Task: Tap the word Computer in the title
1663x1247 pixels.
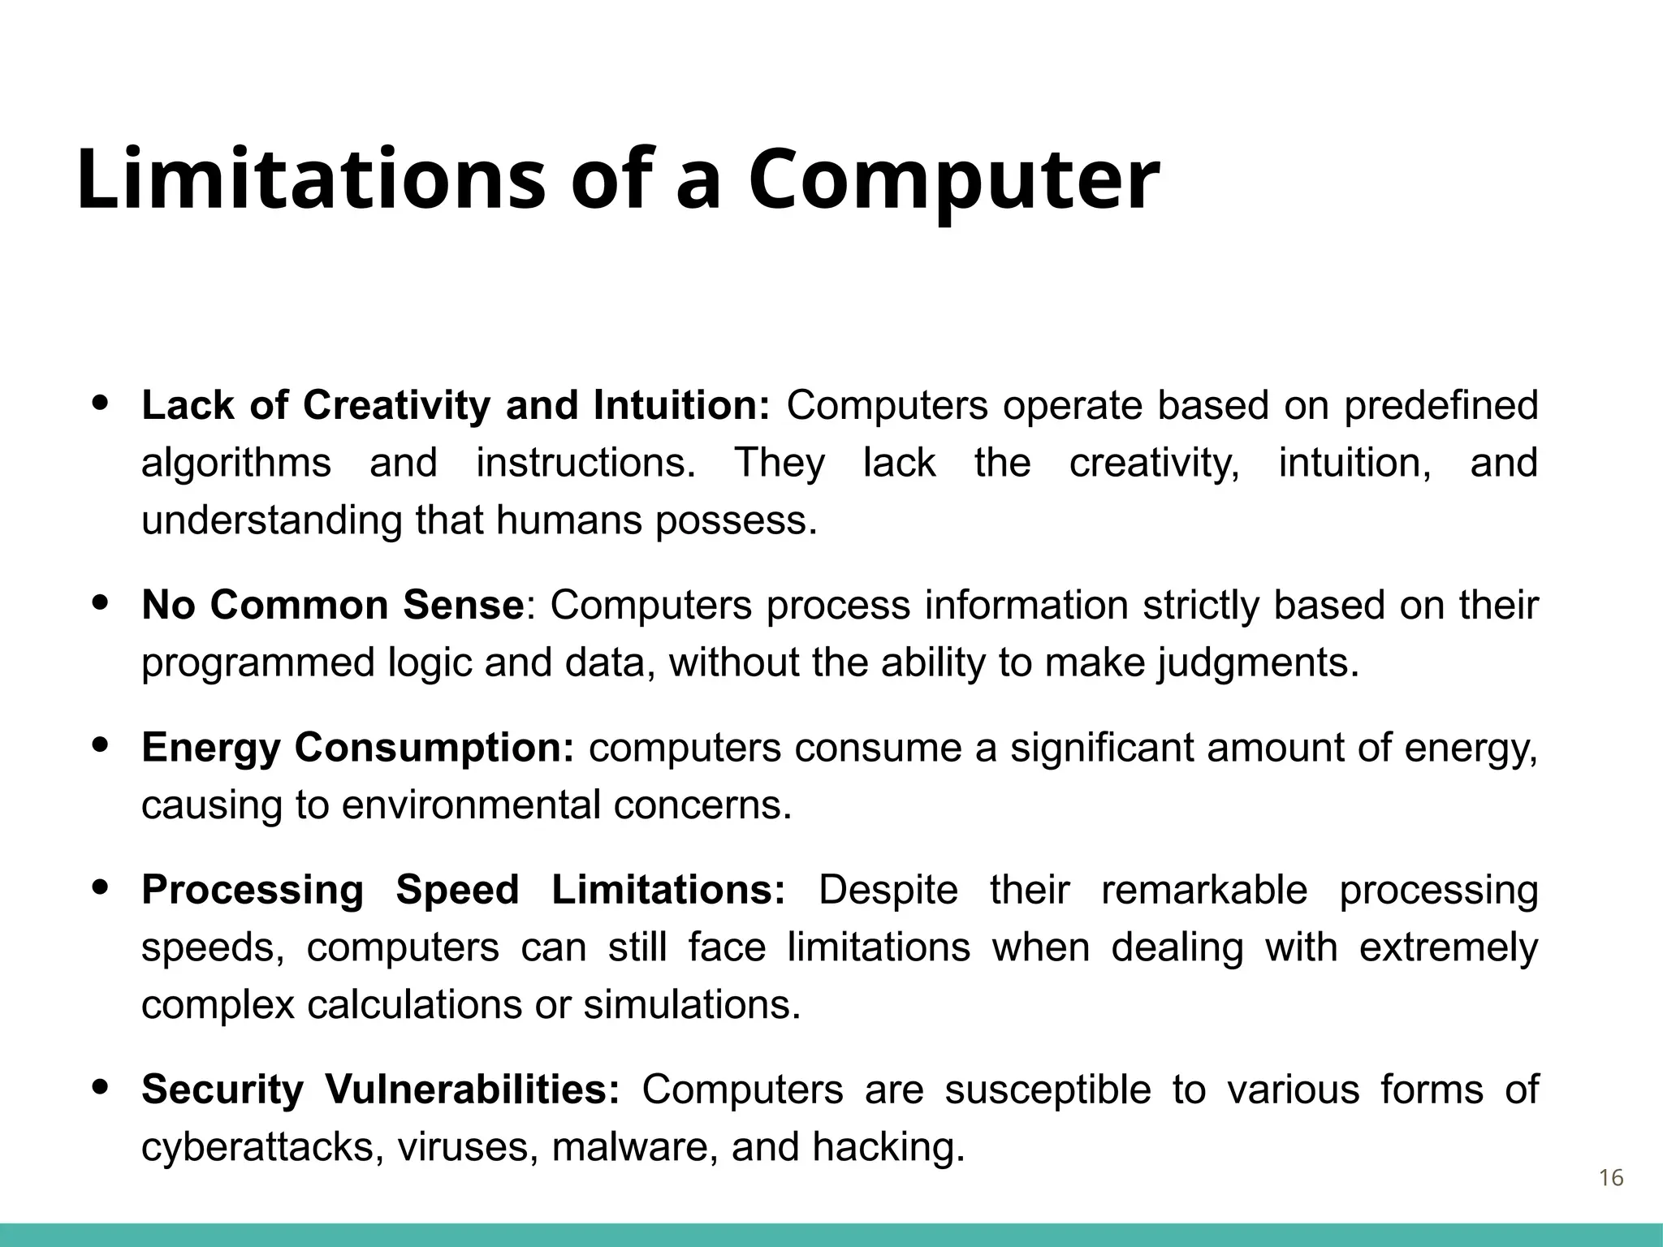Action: pyautogui.click(x=953, y=180)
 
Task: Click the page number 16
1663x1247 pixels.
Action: pyautogui.click(x=1611, y=1178)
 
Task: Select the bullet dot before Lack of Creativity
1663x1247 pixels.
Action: pyautogui.click(x=101, y=403)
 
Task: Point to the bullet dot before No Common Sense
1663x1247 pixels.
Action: pyautogui.click(x=101, y=603)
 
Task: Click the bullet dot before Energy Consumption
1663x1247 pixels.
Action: pyautogui.click(x=101, y=745)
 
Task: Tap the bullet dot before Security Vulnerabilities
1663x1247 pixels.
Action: pyautogui.click(x=101, y=1087)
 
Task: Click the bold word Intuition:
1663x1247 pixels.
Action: pyautogui.click(x=680, y=405)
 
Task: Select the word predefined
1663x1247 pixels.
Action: pyautogui.click(x=1441, y=405)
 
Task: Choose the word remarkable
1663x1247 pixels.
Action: pyautogui.click(x=1203, y=890)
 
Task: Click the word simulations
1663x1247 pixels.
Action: pyautogui.click(x=691, y=1005)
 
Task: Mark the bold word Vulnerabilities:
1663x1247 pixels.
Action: pyautogui.click(x=473, y=1090)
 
